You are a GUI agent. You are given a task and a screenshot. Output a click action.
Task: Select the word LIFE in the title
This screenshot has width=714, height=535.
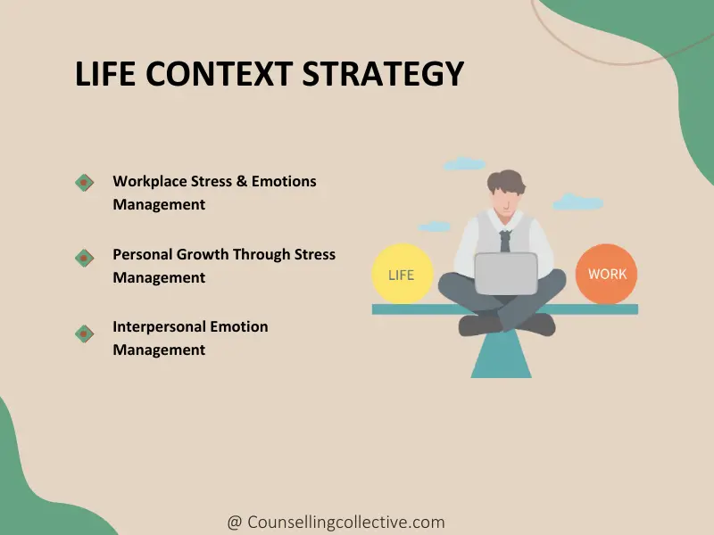tap(105, 74)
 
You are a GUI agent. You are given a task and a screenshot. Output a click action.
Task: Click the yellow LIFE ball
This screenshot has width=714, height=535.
tap(401, 274)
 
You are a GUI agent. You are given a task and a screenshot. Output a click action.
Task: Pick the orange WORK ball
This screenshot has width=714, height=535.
tap(607, 274)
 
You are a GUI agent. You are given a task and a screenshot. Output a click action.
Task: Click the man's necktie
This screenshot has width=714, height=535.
tap(505, 240)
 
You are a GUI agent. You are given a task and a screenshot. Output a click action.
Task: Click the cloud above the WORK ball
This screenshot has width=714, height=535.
tap(577, 202)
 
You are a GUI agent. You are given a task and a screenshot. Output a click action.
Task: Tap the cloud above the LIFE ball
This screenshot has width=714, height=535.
tap(464, 164)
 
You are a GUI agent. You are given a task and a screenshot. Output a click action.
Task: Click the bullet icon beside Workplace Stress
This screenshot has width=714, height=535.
tap(85, 182)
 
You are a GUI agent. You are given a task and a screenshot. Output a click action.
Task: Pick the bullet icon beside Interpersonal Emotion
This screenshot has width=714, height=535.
tap(85, 333)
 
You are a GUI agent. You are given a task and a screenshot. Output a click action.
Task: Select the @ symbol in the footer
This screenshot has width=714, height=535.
tap(234, 523)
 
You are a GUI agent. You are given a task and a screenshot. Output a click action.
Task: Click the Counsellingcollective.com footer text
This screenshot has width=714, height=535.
tap(346, 523)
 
